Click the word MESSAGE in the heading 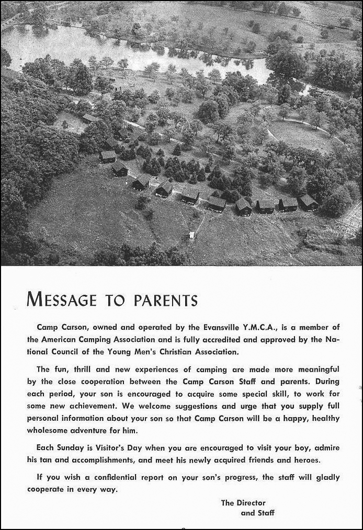62,299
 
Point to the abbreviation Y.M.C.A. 260,328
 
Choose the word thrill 81,370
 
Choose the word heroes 305,460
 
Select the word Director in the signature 251,503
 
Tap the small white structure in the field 191,235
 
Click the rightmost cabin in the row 309,202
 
